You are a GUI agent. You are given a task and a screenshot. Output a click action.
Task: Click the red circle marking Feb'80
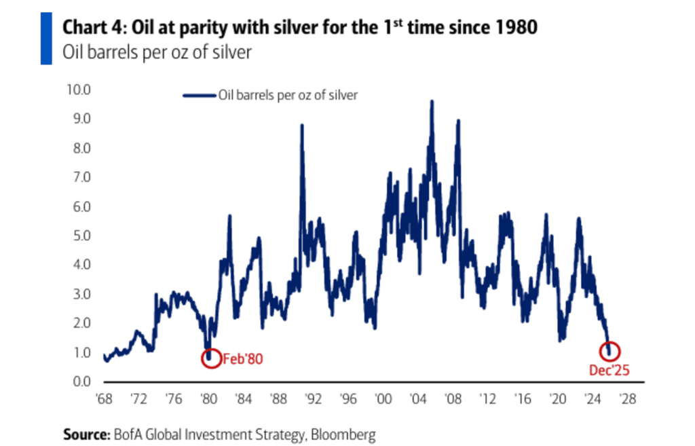click(211, 358)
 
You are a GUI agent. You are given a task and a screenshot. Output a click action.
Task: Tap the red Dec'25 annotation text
click(609, 370)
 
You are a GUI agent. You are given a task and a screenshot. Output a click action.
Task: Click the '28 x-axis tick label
click(628, 399)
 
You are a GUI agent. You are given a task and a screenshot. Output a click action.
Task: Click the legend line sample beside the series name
click(199, 96)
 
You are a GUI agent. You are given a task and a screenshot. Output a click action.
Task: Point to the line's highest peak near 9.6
click(432, 102)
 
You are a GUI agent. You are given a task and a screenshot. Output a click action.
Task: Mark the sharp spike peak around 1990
click(301, 126)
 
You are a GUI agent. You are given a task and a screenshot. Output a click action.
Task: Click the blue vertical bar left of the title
click(46, 38)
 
